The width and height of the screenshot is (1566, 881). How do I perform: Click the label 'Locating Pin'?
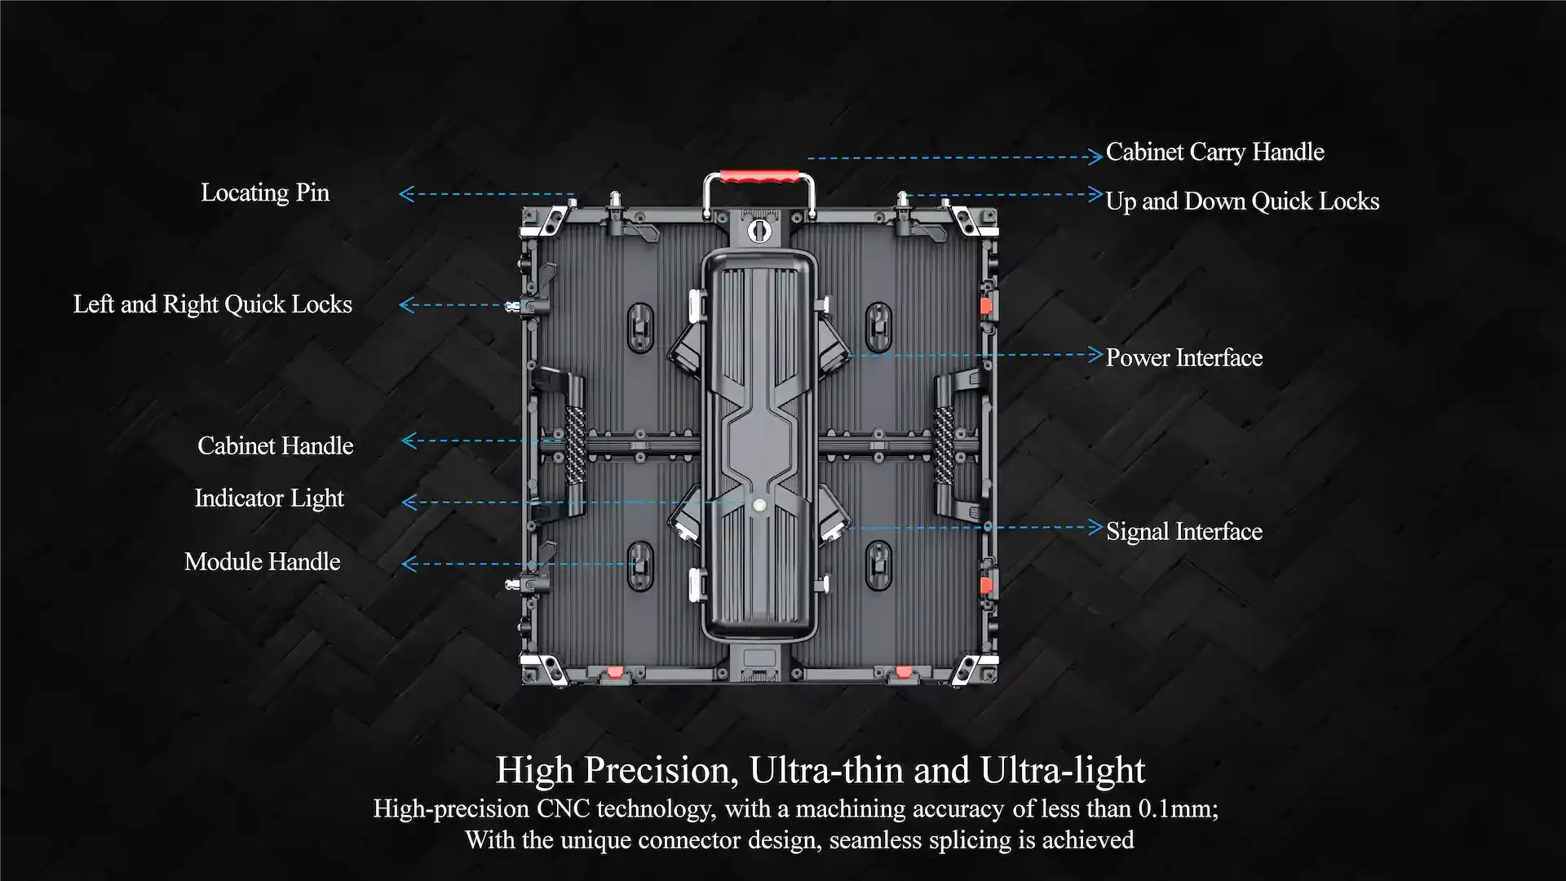pos(265,193)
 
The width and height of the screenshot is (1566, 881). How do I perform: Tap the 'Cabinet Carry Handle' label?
pos(1214,153)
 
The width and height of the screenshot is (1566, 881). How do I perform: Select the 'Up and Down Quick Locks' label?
pos(1242,201)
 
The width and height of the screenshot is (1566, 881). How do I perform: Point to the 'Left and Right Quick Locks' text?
pos(213,304)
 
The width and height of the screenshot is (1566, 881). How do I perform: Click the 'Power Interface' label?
pos(1184,357)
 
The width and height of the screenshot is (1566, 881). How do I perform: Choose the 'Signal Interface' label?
pos(1184,531)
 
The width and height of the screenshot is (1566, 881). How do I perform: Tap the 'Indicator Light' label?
pos(269,498)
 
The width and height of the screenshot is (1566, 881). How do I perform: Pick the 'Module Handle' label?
pos(263,561)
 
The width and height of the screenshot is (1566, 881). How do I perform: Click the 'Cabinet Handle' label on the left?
pos(276,445)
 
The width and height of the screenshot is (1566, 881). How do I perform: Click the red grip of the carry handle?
pos(759,176)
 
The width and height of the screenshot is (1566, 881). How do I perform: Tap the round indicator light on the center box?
pos(759,506)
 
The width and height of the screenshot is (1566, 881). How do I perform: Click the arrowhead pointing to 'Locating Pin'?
pos(406,194)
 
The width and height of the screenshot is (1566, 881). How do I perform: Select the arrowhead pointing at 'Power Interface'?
pos(1095,354)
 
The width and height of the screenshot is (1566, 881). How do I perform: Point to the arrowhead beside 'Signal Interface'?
pos(1095,527)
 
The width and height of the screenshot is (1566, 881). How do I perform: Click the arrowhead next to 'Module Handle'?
pos(409,564)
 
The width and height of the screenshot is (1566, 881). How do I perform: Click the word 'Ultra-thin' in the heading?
pos(827,770)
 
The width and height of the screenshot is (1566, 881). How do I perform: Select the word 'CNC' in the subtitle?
pos(563,808)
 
